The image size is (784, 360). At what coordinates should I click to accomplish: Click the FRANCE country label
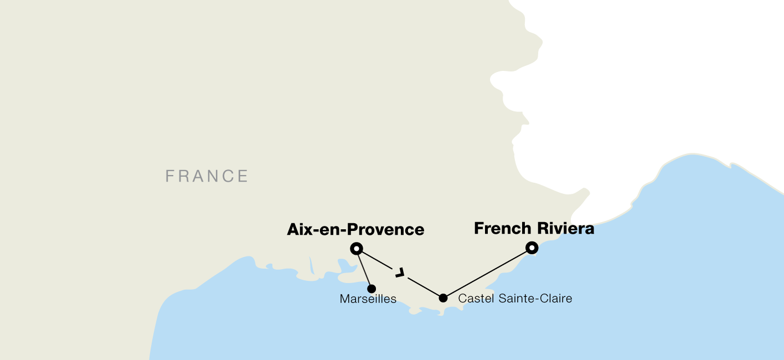tap(207, 176)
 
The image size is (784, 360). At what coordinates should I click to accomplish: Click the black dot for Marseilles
tap(372, 289)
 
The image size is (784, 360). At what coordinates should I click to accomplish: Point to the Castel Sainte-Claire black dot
tap(443, 298)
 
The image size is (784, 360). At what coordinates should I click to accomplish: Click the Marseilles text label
tap(368, 299)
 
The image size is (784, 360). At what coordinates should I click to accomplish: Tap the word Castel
tap(476, 299)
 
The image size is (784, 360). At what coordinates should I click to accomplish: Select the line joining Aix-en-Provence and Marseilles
tap(364, 270)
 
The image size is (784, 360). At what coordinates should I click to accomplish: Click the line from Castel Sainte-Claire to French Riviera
tap(487, 273)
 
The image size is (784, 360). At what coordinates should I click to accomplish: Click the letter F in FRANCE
tap(169, 176)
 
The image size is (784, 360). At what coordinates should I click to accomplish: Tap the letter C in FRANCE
tap(228, 176)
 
